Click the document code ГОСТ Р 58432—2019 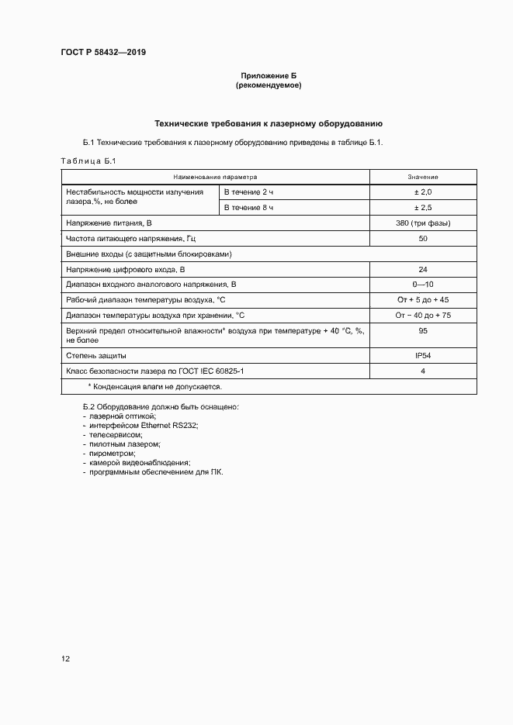pyautogui.click(x=103, y=53)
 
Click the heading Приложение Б pyautogui.click(x=269, y=75)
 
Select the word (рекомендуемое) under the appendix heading pyautogui.click(x=269, y=85)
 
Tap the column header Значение pyautogui.click(x=423, y=176)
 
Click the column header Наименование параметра pyautogui.click(x=215, y=176)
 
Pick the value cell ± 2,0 pyautogui.click(x=423, y=192)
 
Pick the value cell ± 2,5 pyautogui.click(x=423, y=208)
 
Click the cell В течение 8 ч pyautogui.click(x=249, y=208)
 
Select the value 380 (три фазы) pyautogui.click(x=423, y=223)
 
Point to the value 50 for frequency pyautogui.click(x=423, y=239)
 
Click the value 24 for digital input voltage pyautogui.click(x=423, y=269)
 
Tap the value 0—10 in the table pyautogui.click(x=423, y=284)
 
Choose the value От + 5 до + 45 pyautogui.click(x=423, y=299)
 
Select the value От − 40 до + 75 pyautogui.click(x=423, y=315)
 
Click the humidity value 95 pyautogui.click(x=423, y=330)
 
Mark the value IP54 pyautogui.click(x=423, y=355)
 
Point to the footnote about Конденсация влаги pyautogui.click(x=155, y=385)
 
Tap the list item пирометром pyautogui.click(x=112, y=454)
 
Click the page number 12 pyautogui.click(x=66, y=659)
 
